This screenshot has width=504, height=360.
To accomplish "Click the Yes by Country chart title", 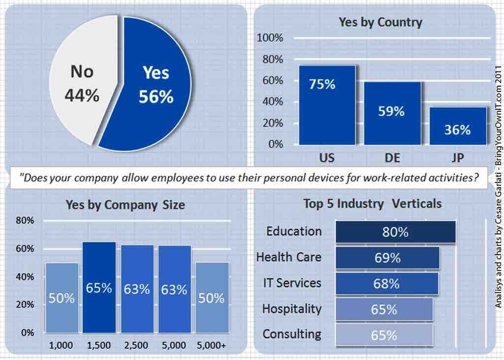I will (x=380, y=22).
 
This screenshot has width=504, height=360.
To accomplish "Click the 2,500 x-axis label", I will (x=136, y=346).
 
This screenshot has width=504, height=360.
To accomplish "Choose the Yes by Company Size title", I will (x=125, y=204).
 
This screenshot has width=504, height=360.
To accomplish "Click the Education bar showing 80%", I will (x=395, y=232).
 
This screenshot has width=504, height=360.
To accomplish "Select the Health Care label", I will (x=288, y=257).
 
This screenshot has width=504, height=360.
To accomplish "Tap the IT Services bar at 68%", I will (x=386, y=284).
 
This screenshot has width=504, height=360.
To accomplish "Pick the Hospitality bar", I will (x=384, y=309).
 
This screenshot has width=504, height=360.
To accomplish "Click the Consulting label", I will (x=291, y=334).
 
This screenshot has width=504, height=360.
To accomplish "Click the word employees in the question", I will (x=183, y=178).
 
